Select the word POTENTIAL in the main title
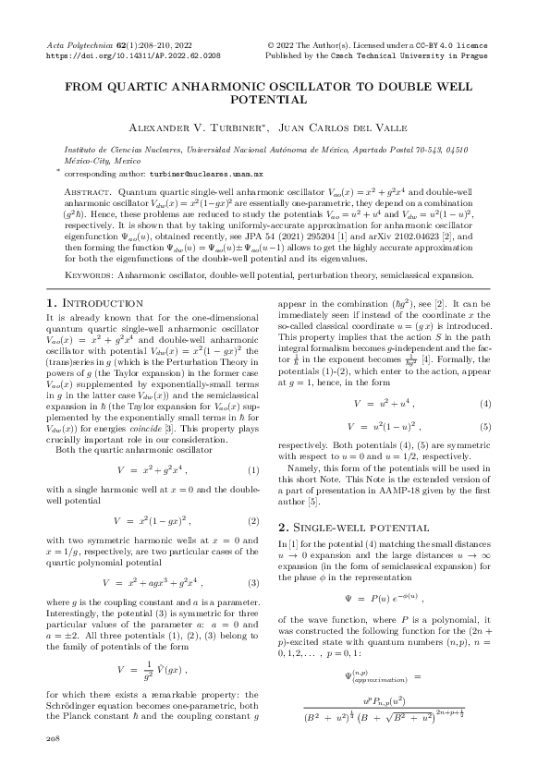(x=275, y=96)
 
